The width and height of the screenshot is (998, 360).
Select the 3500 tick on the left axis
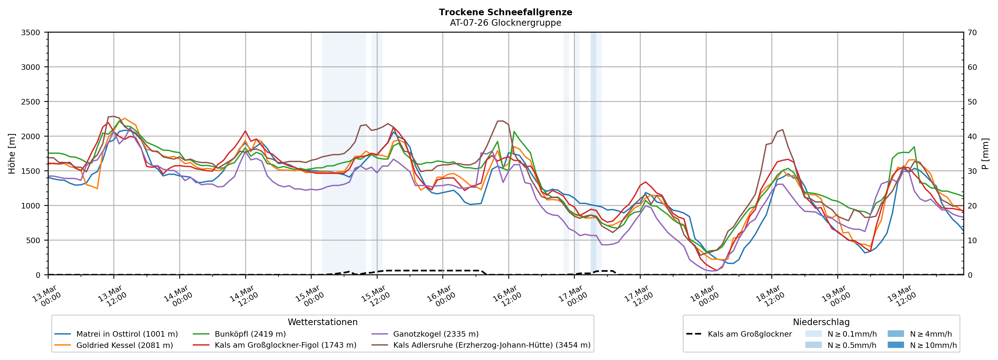[31, 33]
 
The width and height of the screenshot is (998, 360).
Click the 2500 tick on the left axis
[31, 102]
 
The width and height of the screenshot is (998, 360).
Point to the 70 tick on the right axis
[972, 33]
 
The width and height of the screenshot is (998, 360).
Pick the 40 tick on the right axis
[972, 136]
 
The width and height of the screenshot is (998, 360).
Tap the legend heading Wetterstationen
[322, 322]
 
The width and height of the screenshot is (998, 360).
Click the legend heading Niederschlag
[821, 322]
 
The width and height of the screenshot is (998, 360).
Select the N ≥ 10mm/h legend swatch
[896, 345]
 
